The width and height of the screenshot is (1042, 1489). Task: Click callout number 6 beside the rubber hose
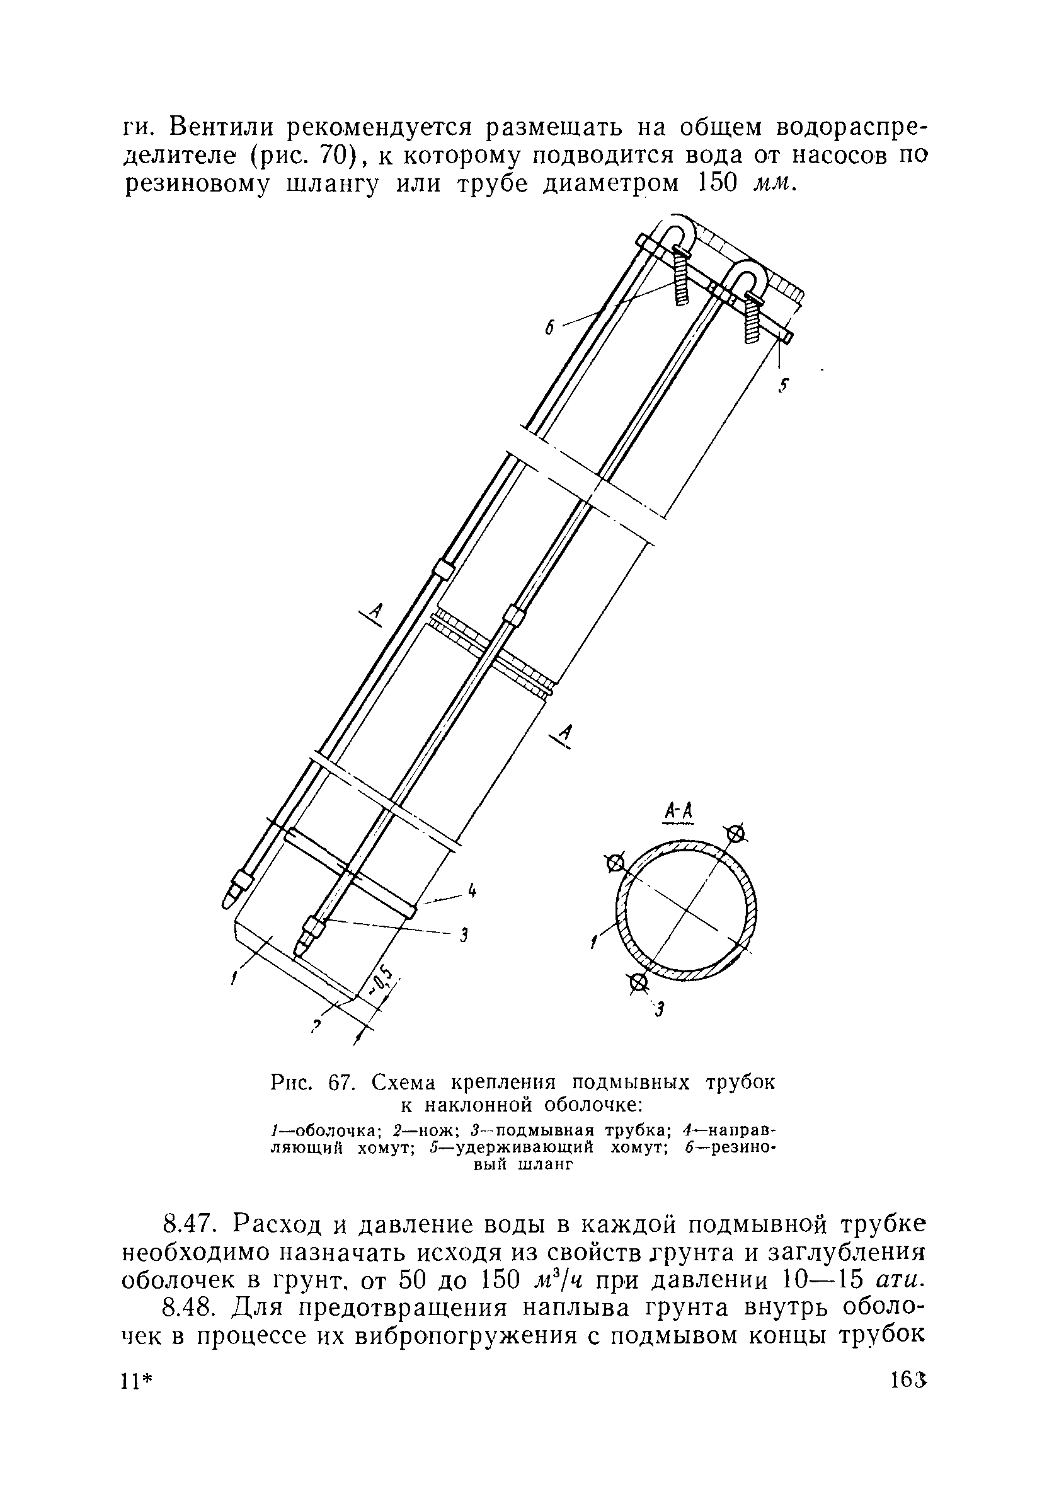click(549, 328)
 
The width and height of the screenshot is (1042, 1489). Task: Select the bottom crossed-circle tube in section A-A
click(639, 983)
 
